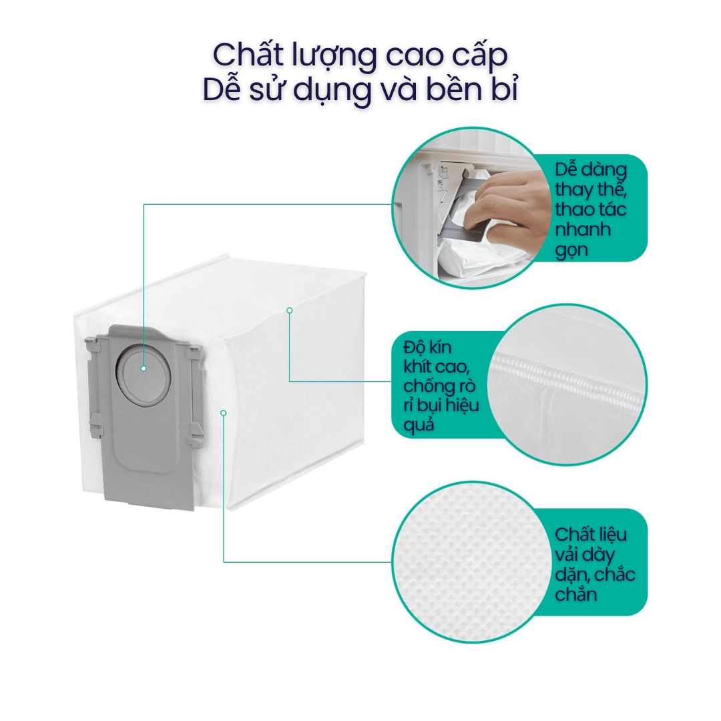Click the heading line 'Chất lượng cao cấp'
pyautogui.click(x=360, y=55)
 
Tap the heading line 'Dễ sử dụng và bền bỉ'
pyautogui.click(x=360, y=89)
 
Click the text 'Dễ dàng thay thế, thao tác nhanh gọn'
pyautogui.click(x=590, y=209)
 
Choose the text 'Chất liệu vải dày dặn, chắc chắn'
pyautogui.click(x=595, y=564)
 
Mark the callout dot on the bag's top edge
pyautogui.click(x=289, y=310)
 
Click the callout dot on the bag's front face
pyautogui.click(x=224, y=413)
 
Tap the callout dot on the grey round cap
pyautogui.click(x=144, y=369)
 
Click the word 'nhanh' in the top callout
pyautogui.click(x=583, y=229)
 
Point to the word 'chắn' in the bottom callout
pyautogui.click(x=576, y=594)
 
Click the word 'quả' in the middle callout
pyautogui.click(x=419, y=425)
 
